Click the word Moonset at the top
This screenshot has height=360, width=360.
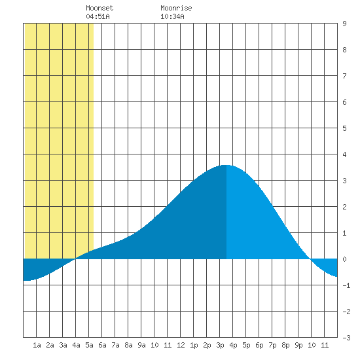pyautogui.click(x=99, y=8)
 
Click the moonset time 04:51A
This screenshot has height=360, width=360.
pyautogui.click(x=98, y=16)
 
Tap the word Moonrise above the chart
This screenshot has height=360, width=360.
pyautogui.click(x=176, y=8)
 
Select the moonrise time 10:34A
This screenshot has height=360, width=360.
pyautogui.click(x=172, y=16)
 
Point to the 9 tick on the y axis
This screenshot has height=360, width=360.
pyautogui.click(x=344, y=24)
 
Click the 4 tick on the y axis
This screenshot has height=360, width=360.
pyautogui.click(x=344, y=154)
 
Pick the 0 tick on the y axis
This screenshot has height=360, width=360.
pyautogui.click(x=344, y=259)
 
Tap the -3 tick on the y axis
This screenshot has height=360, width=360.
pyautogui.click(x=346, y=338)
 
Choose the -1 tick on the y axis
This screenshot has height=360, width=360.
pyautogui.click(x=346, y=285)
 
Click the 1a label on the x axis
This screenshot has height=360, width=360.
pyautogui.click(x=37, y=345)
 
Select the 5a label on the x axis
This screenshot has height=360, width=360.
pyautogui.click(x=89, y=345)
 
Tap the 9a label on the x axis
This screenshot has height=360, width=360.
pyautogui.click(x=141, y=345)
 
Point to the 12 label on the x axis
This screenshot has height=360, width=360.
pyautogui.click(x=181, y=345)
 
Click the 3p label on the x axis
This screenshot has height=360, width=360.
pyautogui.click(x=220, y=345)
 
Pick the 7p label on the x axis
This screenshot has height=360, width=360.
pyautogui.click(x=272, y=345)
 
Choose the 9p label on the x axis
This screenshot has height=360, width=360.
pyautogui.click(x=298, y=345)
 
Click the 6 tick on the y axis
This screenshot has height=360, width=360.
pyautogui.click(x=344, y=102)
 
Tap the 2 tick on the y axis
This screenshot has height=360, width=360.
pyautogui.click(x=344, y=207)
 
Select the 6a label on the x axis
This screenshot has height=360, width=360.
pyautogui.click(x=102, y=345)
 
